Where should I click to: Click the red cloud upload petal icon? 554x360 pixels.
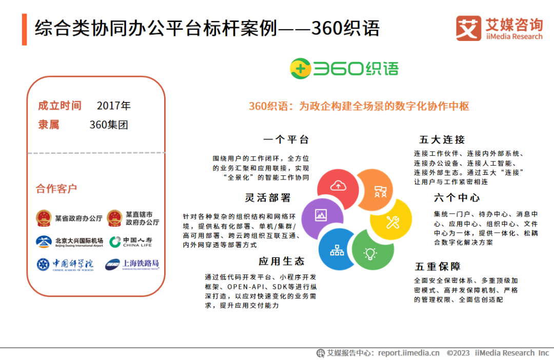point(338,186)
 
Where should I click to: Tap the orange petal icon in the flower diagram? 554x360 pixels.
point(380,192)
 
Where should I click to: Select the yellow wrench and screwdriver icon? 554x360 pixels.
point(392,222)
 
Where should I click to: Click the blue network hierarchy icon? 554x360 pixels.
point(337,251)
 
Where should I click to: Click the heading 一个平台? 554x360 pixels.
point(286,140)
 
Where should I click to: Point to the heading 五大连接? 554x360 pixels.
point(442,140)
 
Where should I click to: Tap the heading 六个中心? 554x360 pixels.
point(457,198)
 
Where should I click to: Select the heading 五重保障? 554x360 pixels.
point(438,267)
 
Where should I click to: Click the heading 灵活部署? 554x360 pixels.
point(268,198)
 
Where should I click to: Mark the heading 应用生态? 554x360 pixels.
point(282,261)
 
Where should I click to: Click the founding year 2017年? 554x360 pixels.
point(114,106)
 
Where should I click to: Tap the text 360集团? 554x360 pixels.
point(109,125)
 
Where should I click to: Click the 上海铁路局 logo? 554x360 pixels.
point(132,265)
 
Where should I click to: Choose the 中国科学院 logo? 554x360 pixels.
point(65,265)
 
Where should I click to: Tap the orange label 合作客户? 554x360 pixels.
point(56,189)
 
